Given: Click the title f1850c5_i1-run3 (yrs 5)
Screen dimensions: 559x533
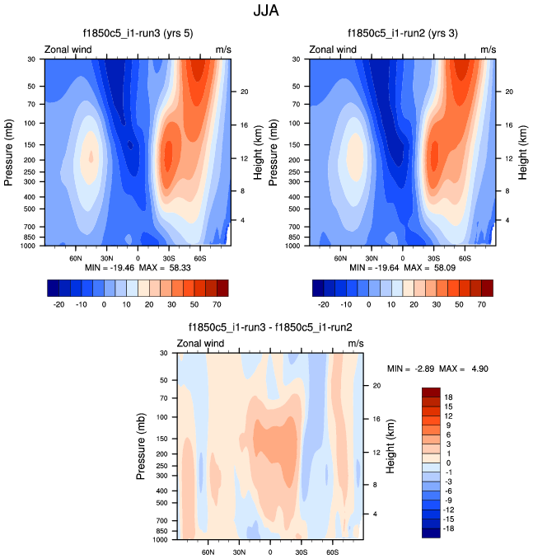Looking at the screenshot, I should pos(138,34).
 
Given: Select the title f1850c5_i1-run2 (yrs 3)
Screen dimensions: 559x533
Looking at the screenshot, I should pos(403,34).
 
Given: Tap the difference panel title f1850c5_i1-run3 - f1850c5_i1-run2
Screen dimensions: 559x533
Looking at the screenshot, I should pos(270,327).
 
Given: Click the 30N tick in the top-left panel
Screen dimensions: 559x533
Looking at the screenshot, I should pos(106,256).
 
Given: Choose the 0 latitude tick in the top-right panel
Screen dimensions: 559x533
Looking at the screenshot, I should pos(403,256).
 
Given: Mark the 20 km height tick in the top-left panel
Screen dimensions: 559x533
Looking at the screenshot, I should pos(245,92).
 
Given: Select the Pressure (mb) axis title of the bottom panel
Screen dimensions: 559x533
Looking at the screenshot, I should pos(141,446).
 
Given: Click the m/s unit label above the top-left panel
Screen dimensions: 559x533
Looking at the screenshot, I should pos(223,49).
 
